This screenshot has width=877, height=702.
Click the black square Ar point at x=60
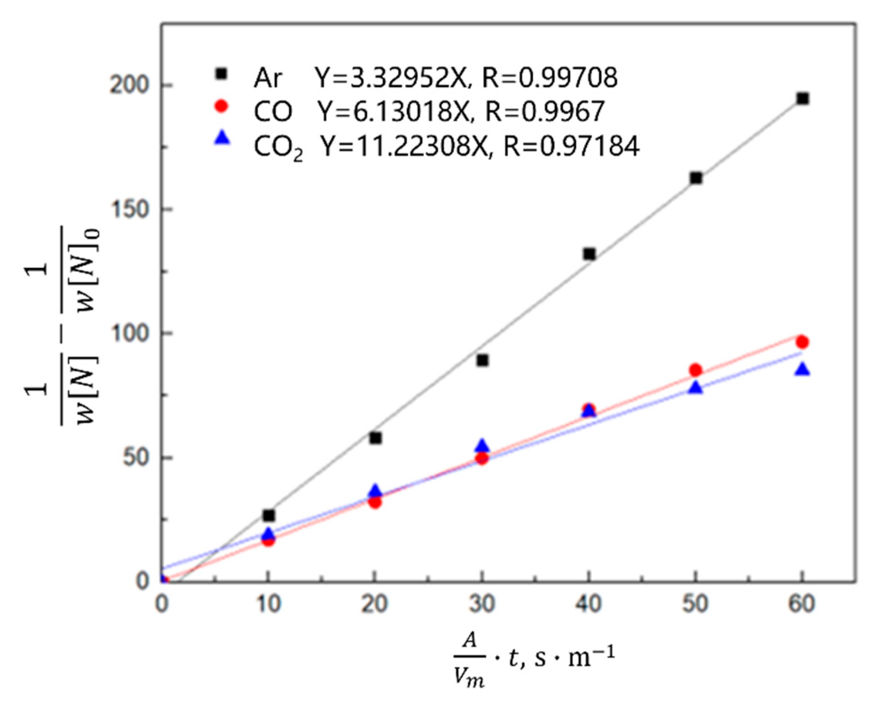coord(803,98)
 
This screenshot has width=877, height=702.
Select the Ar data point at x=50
coord(696,178)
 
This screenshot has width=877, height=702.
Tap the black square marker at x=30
coord(482,360)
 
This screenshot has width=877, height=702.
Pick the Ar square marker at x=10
coord(268,515)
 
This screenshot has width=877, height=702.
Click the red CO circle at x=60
coord(802,342)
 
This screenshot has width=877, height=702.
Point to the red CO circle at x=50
coord(695,370)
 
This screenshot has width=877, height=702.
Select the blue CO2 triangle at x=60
coord(802,370)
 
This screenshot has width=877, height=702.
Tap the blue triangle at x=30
coord(482,445)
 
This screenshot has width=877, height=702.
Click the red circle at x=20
coord(375,502)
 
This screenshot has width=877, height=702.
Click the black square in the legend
coord(221,74)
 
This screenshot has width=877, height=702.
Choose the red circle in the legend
coord(221,106)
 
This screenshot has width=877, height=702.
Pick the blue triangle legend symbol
coord(222,139)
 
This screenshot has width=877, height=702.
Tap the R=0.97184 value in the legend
coord(571,145)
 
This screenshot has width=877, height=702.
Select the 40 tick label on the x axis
coord(589,604)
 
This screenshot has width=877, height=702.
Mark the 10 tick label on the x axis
coord(268,604)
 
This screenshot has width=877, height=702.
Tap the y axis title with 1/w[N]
coord(62,326)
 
